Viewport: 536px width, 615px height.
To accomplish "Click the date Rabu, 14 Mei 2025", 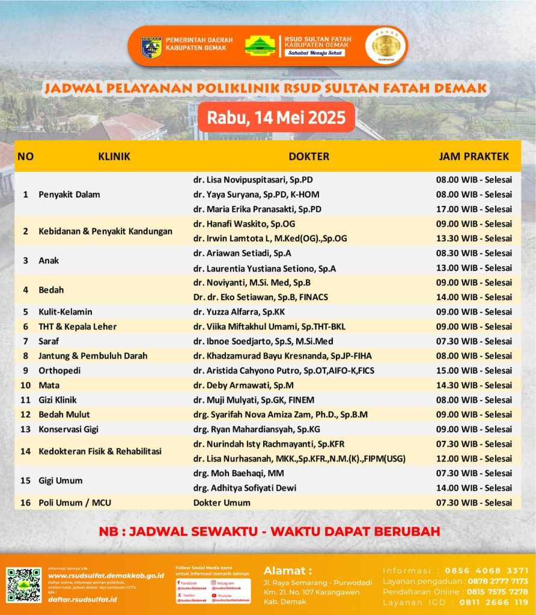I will point(276,117).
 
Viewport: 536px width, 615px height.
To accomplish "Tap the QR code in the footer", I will point(23,585).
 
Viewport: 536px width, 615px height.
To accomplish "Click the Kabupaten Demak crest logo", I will point(151,47).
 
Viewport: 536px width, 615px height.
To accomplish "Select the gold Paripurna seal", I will point(385,46).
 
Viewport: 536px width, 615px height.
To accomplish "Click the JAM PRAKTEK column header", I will point(474,157).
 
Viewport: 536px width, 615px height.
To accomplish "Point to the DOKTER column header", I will point(309,157).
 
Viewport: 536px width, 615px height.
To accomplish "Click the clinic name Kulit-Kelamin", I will point(65,312).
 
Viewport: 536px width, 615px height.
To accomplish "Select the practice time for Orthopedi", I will point(474,371).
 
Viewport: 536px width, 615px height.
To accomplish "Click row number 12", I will point(25,414).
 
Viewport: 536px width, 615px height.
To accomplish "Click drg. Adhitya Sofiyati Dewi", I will point(245,488).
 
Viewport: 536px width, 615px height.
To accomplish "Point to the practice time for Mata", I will point(474,385).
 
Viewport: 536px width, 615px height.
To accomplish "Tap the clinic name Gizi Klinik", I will point(58,400).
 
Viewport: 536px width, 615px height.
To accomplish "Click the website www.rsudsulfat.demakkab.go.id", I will point(106,575).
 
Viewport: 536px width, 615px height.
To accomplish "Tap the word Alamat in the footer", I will point(287,571).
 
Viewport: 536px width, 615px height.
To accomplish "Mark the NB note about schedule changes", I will point(269,531).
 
